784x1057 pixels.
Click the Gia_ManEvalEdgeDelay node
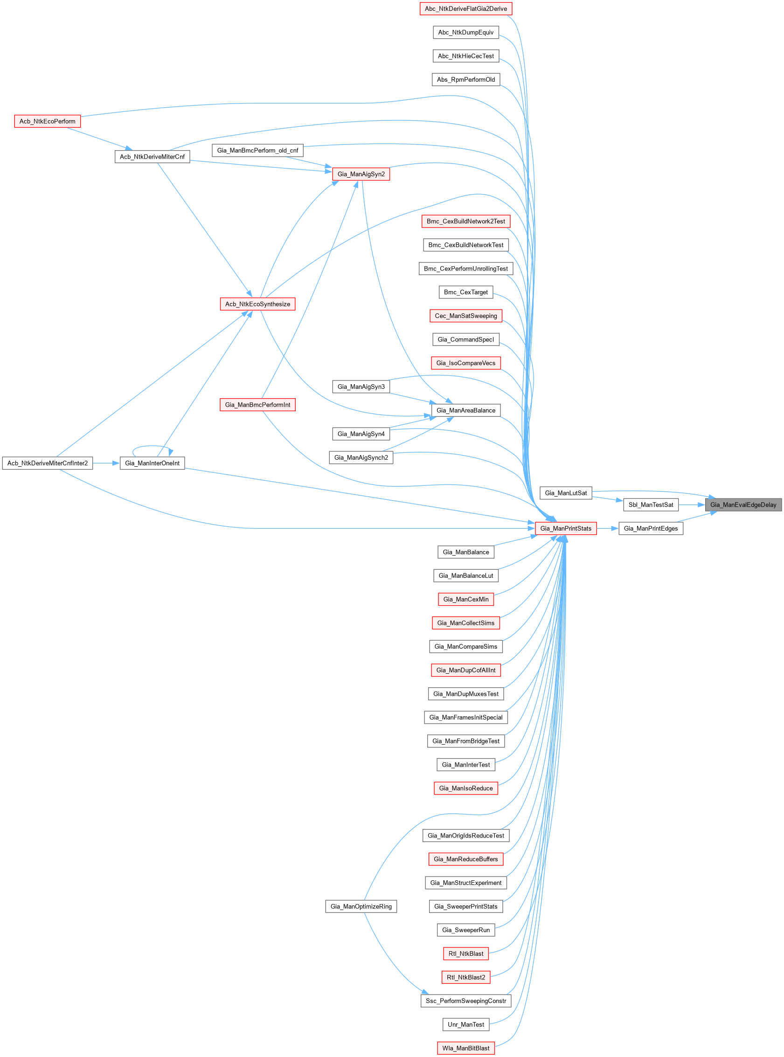click(x=742, y=505)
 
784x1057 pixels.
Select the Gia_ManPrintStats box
click(x=566, y=529)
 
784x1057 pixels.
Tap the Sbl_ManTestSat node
click(x=651, y=505)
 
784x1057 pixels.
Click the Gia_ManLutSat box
click(x=566, y=493)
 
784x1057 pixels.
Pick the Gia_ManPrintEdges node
click(x=651, y=529)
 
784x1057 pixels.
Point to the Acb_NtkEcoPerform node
click(x=48, y=121)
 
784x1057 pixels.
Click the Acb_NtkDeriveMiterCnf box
click(x=152, y=157)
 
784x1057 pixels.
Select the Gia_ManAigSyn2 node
click(x=361, y=174)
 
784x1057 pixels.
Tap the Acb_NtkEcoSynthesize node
click(x=258, y=304)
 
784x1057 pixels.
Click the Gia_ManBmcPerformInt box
click(x=258, y=405)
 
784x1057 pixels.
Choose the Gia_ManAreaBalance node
click(x=465, y=410)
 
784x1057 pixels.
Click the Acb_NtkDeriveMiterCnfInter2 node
click(x=48, y=463)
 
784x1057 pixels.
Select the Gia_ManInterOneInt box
click(x=152, y=463)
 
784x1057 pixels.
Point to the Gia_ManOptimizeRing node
click(x=361, y=906)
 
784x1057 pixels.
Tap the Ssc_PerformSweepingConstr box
click(x=465, y=1001)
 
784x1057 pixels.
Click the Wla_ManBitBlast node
click(x=465, y=1048)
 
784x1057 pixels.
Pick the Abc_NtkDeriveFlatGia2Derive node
click(x=465, y=8)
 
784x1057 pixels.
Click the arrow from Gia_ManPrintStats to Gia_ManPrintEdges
click(x=607, y=529)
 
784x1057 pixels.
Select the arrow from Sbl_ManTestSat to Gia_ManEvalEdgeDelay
click(x=692, y=505)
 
